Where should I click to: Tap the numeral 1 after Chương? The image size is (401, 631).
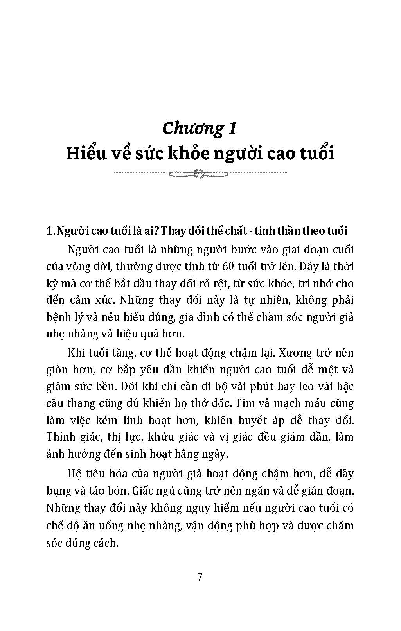click(231, 128)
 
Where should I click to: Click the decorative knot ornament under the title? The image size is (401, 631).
click(200, 172)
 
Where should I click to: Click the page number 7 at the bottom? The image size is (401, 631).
click(200, 577)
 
